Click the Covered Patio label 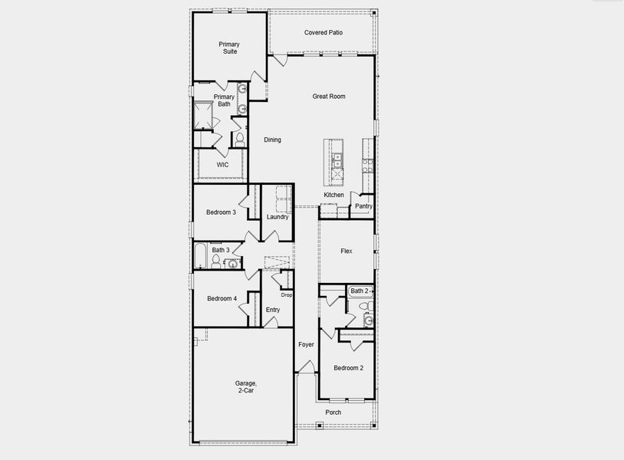coord(323,33)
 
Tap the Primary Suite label coord(228,48)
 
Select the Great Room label coord(329,97)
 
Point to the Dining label coord(272,140)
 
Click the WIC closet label coord(222,165)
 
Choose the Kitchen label coord(333,195)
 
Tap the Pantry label coord(363,206)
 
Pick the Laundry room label coord(278,217)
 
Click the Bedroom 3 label coord(221,212)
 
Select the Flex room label coord(346,251)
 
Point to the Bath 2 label coord(359,291)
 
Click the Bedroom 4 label coord(222,298)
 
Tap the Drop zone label coord(286,295)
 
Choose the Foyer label coord(306,345)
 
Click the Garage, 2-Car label coord(245,386)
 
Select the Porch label coord(333,412)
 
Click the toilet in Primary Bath coord(239,139)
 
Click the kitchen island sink coord(337,161)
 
